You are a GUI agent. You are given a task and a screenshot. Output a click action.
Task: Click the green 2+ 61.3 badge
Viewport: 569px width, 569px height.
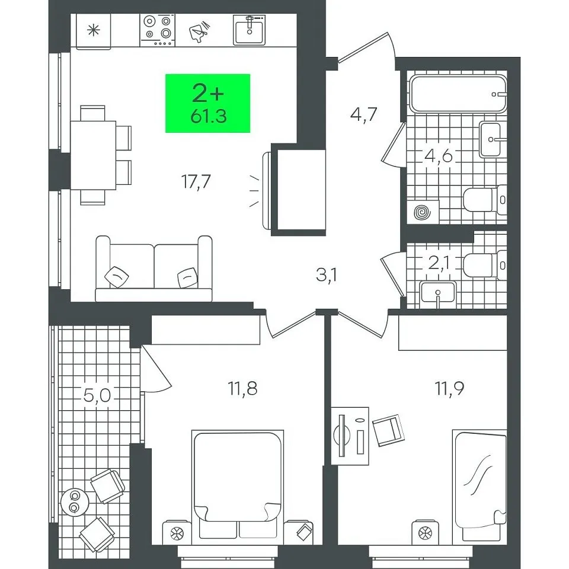207,103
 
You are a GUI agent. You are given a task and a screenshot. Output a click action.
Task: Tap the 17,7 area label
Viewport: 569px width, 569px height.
196,181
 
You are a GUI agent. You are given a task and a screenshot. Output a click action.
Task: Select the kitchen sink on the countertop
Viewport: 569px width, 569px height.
250,30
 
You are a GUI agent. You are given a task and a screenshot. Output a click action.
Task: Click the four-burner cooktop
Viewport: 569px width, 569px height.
158,30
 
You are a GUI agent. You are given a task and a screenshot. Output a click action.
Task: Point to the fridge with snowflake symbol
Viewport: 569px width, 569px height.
93,30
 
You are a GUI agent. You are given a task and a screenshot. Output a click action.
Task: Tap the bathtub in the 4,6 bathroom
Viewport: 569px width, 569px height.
458,94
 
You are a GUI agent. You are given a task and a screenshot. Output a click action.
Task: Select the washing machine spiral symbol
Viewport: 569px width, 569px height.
423,212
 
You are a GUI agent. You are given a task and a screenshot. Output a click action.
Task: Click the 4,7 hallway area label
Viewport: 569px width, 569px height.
364,114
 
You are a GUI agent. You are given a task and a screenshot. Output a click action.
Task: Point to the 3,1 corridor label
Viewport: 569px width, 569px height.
327,275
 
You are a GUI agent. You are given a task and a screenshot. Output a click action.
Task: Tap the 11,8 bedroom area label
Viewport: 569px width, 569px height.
243,388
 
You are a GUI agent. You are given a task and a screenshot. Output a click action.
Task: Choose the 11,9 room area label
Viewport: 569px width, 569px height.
450,389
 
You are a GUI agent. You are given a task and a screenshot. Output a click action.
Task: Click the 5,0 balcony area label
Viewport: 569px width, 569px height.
97,395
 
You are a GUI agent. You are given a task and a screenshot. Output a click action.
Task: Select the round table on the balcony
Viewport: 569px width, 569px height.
75,502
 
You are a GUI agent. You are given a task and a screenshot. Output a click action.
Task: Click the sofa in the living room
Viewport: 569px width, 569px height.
154,268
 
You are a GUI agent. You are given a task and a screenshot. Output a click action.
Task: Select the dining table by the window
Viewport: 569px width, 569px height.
93,155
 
